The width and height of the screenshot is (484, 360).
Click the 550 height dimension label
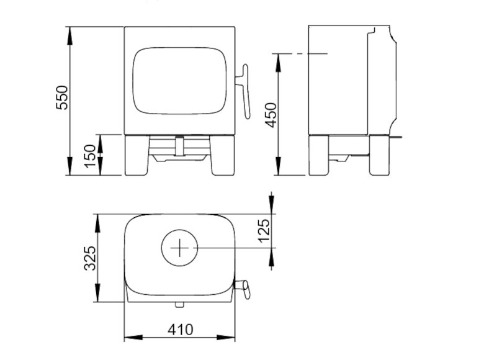63,97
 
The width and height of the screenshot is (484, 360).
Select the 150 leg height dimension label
90,155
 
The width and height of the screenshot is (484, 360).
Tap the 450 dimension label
271,115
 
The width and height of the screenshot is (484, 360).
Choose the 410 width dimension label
180,330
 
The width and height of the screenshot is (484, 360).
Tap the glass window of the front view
180,81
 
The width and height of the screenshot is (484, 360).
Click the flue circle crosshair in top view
179,248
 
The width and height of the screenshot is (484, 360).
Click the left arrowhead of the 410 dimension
128,338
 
